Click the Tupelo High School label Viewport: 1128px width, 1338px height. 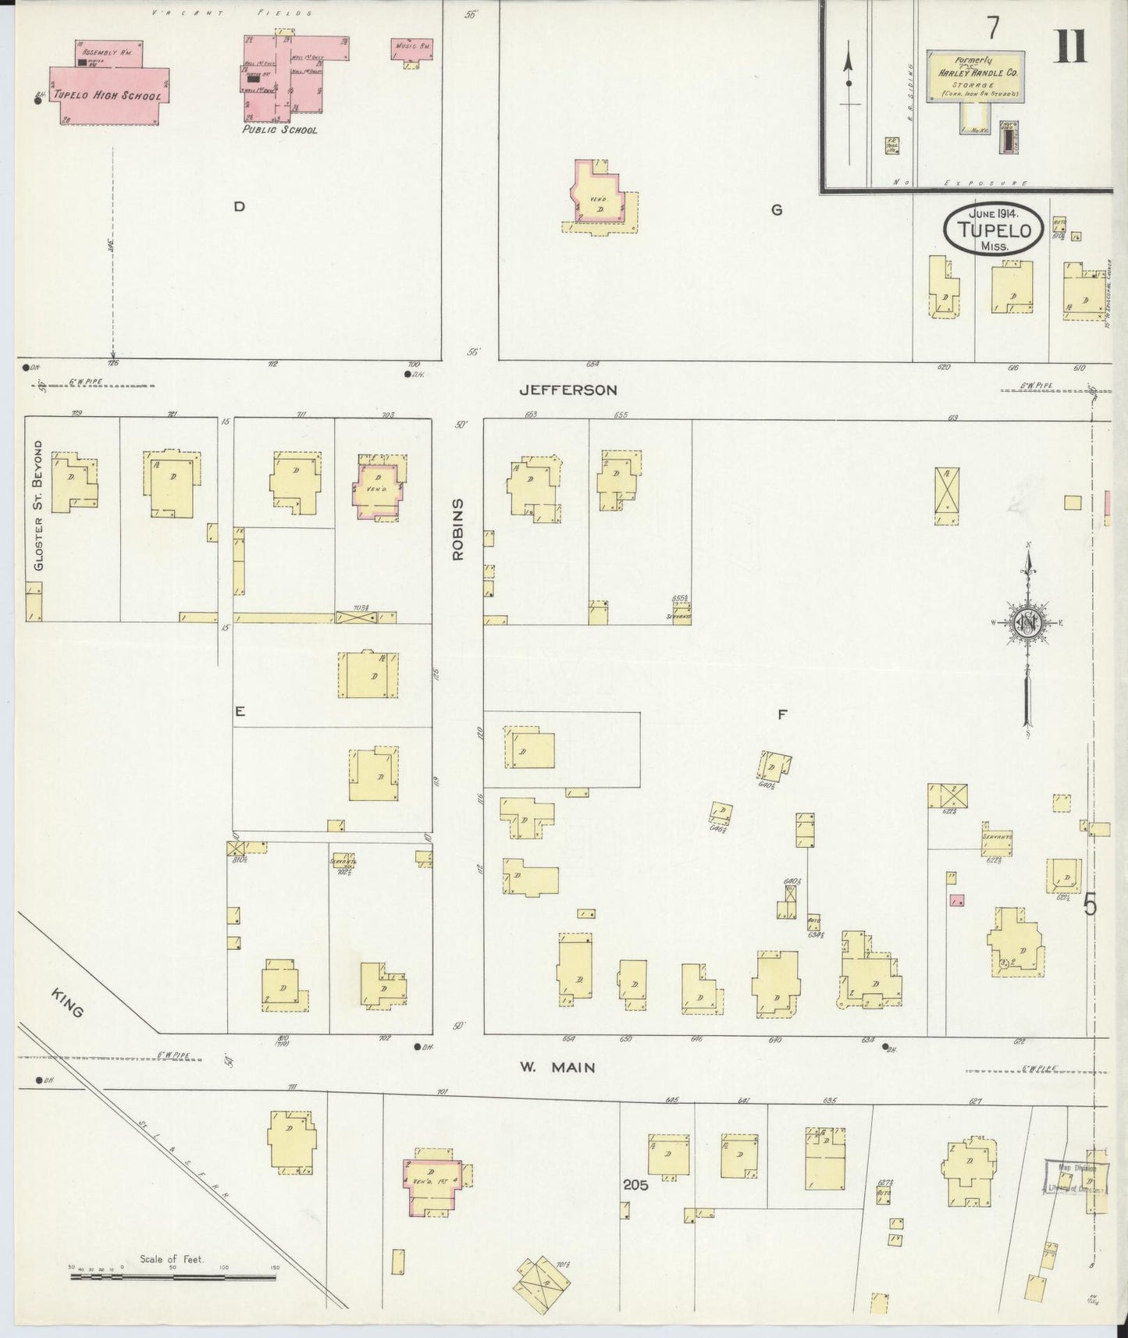click(108, 96)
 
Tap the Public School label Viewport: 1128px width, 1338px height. click(279, 130)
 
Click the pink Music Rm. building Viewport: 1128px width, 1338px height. click(411, 49)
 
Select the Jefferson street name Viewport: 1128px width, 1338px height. click(568, 390)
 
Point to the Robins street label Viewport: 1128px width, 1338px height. click(458, 529)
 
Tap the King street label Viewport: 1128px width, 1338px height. click(68, 1002)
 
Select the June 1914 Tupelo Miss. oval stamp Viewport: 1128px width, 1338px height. click(993, 230)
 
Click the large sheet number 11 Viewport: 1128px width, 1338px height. click(1069, 48)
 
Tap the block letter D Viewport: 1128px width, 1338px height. click(240, 207)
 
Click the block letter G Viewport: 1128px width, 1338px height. click(776, 210)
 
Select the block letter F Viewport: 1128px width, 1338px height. click(781, 713)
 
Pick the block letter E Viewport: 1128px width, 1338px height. click(240, 711)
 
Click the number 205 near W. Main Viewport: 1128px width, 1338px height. click(635, 1185)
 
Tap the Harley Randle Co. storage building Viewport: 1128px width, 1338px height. click(976, 76)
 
